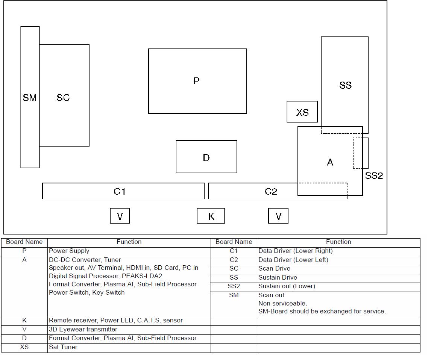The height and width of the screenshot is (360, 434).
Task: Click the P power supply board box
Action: point(197,81)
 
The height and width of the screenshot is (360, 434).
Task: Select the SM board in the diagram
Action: point(30,97)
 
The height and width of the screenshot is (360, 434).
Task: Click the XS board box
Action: point(302,112)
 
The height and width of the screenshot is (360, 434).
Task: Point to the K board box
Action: point(211,216)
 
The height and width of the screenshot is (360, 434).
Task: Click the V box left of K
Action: point(120,216)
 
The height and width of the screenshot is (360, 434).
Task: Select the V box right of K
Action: point(278,216)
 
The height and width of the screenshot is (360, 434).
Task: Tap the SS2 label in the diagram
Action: point(374,175)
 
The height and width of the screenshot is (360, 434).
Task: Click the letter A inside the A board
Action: point(330,162)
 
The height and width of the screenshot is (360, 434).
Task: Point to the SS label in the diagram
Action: point(345,85)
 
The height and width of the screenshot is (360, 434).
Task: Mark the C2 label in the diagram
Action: point(271,192)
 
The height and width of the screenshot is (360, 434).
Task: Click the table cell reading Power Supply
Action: point(69,251)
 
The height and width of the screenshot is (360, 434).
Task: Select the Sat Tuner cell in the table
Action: point(63,347)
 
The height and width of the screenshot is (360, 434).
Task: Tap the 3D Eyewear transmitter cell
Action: point(83,330)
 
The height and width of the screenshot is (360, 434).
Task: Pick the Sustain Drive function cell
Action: point(278,278)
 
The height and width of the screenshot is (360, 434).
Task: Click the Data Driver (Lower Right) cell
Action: point(295,251)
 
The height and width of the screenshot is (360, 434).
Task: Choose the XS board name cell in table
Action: point(24,347)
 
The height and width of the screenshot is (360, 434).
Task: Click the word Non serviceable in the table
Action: point(282,303)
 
